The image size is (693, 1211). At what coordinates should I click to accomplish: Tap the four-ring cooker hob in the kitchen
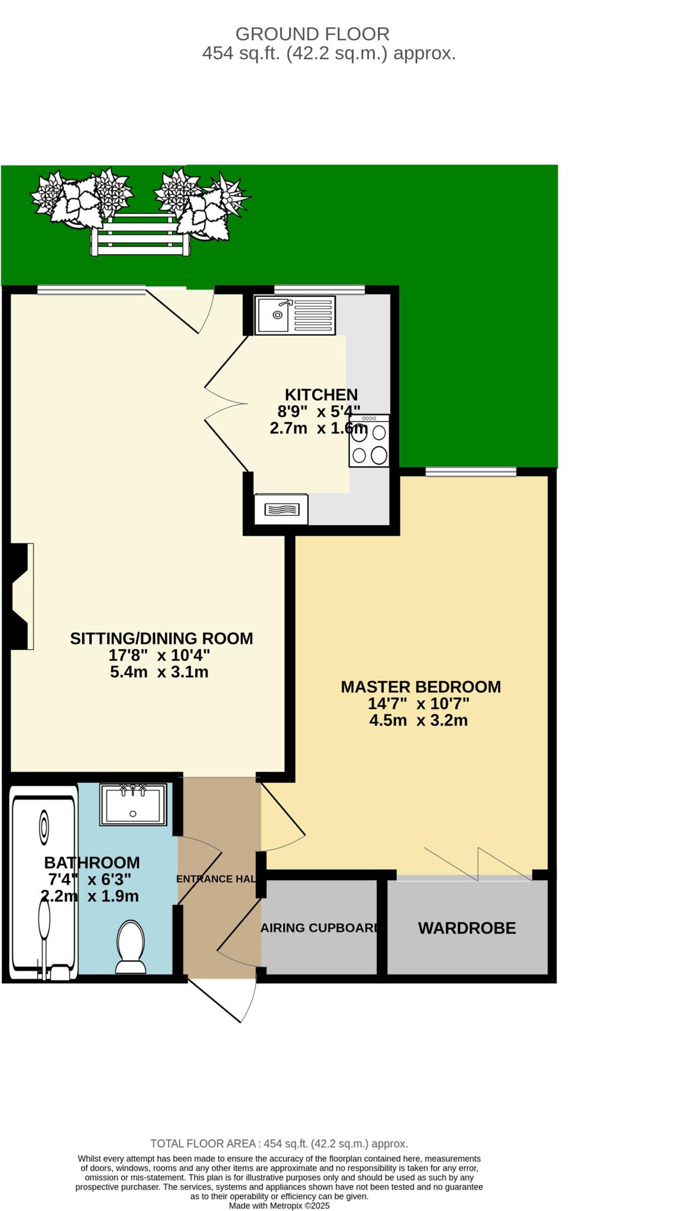coord(369,441)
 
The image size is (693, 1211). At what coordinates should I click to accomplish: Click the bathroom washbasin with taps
coord(133,804)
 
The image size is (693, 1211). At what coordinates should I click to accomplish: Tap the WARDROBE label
coord(467,928)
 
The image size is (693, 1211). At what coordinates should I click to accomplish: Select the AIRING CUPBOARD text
coord(320,928)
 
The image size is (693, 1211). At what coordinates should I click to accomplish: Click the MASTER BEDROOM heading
coord(420,687)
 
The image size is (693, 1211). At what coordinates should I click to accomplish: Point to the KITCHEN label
coord(321,394)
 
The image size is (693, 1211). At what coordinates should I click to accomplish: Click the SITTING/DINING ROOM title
coord(161,639)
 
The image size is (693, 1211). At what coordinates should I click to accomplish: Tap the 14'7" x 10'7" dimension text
coord(419,704)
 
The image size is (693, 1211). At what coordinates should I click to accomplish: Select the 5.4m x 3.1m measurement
coord(159,672)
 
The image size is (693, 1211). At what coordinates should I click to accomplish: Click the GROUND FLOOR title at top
coord(312,34)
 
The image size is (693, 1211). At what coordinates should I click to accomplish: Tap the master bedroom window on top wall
coord(471,471)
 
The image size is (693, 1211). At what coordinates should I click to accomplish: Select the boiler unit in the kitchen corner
coord(281,509)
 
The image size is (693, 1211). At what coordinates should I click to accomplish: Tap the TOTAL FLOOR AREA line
coord(279,1144)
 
